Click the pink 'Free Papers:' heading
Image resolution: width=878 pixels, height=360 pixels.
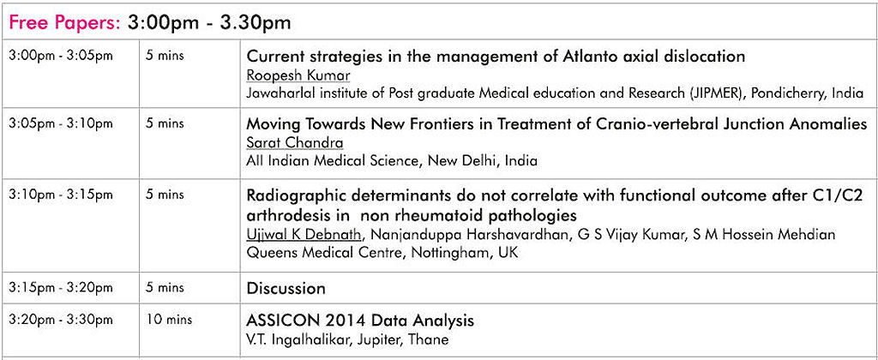(x=65, y=22)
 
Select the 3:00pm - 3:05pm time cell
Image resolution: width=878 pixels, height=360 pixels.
(x=61, y=57)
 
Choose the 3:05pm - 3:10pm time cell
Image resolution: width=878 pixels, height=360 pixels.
(x=61, y=123)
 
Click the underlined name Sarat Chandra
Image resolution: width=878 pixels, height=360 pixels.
(x=295, y=142)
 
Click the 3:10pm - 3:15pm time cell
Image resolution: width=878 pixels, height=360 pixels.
(x=61, y=195)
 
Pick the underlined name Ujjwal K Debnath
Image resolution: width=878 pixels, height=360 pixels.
(x=304, y=235)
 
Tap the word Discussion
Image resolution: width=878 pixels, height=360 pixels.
(x=286, y=288)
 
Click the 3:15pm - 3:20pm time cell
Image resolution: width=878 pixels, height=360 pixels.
(x=61, y=288)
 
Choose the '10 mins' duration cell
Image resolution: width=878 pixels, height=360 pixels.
(x=169, y=320)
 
